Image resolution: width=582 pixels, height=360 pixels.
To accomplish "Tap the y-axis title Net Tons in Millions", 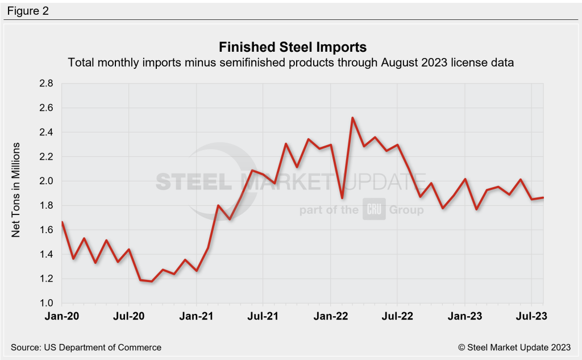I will (x=16, y=189).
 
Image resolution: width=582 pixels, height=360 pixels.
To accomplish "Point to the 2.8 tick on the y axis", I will (x=46, y=84).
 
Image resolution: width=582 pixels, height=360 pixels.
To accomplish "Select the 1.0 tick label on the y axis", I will (x=46, y=303).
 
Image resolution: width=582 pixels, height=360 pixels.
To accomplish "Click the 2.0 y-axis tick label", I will (x=46, y=181).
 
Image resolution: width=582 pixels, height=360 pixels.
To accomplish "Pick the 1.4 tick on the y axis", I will (x=46, y=254).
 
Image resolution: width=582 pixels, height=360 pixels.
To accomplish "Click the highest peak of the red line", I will (x=353, y=118).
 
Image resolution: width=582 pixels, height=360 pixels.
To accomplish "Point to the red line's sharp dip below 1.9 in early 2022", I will (x=342, y=197).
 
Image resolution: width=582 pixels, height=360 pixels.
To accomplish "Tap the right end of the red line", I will (x=543, y=197).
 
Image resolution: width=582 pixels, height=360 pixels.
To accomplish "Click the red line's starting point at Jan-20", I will (x=62, y=222).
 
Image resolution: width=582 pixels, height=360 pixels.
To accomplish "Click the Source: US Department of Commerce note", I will (x=86, y=347).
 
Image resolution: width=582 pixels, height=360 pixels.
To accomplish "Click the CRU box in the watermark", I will (x=374, y=210).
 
